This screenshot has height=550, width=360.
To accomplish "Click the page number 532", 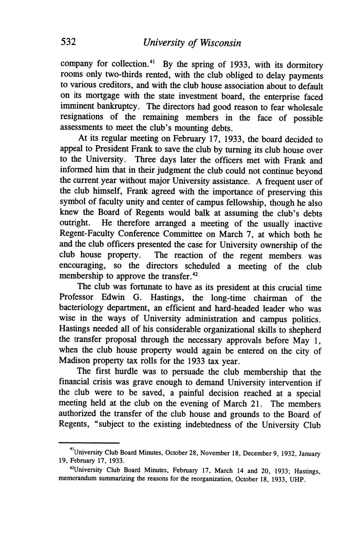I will (x=68, y=42).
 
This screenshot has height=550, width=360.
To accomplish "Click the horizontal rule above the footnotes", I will (x=89, y=442).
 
